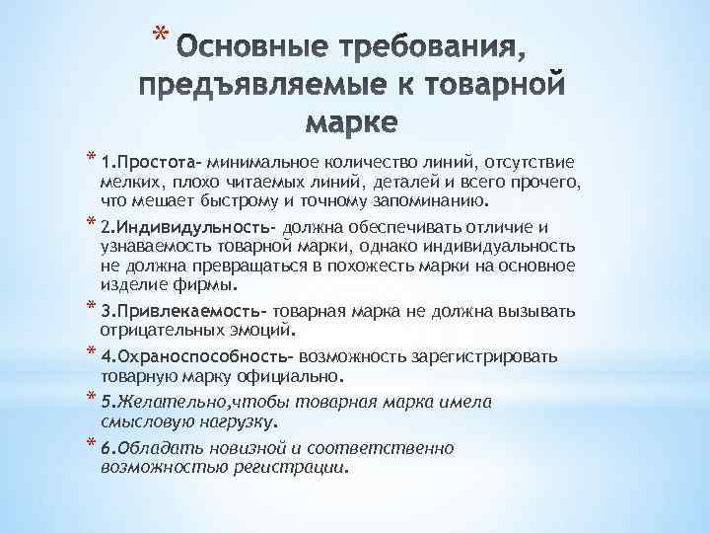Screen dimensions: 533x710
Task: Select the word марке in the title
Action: [351, 125]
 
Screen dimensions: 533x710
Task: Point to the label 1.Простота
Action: [147, 161]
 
